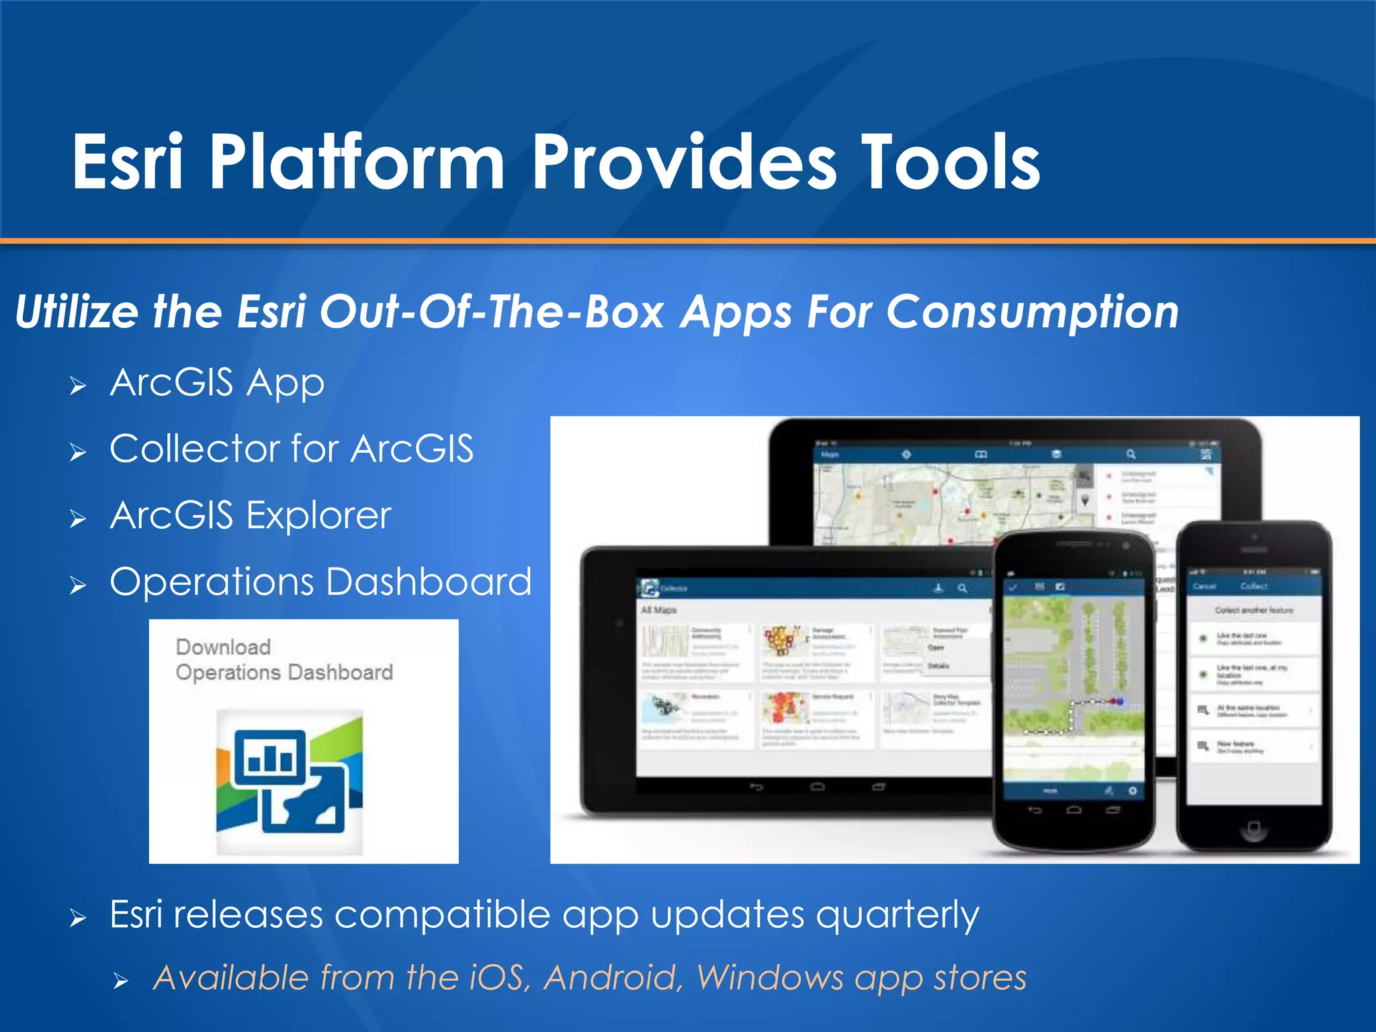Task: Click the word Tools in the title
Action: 950,162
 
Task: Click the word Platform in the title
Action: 356,162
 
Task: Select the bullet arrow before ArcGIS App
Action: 78,386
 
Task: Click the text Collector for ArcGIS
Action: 291,449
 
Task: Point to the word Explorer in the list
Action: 318,516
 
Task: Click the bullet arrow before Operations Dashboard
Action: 78,585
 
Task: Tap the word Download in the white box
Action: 223,647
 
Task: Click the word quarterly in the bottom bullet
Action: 898,915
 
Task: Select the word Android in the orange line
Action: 613,978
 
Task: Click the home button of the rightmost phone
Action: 1254,827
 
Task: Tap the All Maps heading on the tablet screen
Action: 658,610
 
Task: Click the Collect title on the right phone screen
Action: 1254,586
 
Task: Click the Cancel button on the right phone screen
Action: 1205,586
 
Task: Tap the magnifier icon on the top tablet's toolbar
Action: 1131,455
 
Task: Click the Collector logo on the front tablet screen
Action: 649,588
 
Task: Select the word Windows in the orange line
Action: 770,978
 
